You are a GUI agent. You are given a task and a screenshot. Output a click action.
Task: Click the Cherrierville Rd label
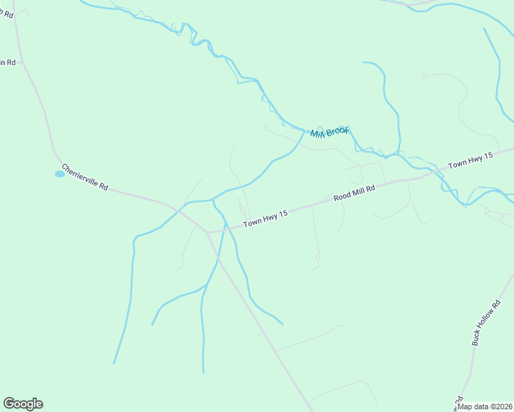click(85, 177)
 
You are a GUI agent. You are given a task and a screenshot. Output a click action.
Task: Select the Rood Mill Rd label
click(355, 192)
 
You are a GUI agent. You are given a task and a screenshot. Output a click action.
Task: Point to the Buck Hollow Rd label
click(487, 322)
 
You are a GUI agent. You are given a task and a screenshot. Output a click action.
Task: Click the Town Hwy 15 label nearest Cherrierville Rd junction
click(265, 219)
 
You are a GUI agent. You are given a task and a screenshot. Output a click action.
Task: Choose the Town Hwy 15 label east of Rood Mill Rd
click(471, 161)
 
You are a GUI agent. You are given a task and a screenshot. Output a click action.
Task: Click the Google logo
click(23, 404)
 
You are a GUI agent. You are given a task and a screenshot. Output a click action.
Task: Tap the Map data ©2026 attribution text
click(484, 407)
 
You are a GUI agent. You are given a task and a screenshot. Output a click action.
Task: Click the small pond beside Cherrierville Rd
click(60, 174)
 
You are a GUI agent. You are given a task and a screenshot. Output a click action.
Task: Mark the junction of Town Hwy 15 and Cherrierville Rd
click(207, 232)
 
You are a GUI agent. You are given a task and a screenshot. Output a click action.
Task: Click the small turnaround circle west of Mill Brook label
click(265, 127)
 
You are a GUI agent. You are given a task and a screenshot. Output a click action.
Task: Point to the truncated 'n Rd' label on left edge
click(7, 62)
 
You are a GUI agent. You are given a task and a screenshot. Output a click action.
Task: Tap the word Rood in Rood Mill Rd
click(342, 196)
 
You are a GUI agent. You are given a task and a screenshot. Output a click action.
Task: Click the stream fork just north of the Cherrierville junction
click(212, 200)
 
